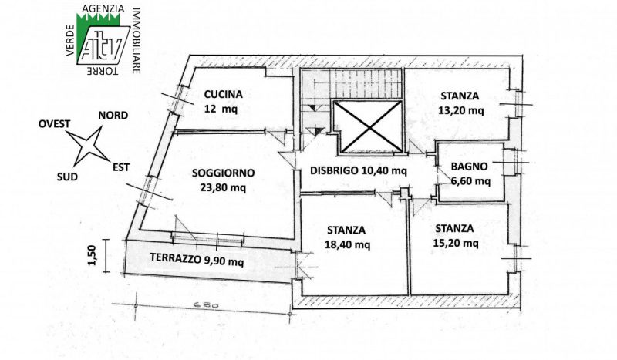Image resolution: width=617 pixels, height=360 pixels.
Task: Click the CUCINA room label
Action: (223, 94)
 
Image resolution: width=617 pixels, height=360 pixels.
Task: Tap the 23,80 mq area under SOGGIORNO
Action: (223, 187)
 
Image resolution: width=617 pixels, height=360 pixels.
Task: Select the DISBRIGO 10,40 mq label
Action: (359, 171)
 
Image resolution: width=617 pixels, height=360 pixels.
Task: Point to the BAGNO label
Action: (469, 167)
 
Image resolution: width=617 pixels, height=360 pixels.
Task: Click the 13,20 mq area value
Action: (461, 110)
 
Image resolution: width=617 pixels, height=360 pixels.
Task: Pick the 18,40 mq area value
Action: (348, 244)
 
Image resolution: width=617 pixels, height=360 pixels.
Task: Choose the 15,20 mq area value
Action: (456, 243)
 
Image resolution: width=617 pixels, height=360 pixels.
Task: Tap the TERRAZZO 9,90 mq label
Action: (197, 259)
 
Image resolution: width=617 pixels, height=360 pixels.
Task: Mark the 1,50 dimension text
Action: (92, 255)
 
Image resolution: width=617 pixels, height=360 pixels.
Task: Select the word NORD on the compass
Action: (113, 116)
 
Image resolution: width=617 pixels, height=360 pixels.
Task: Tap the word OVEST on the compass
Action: (54, 124)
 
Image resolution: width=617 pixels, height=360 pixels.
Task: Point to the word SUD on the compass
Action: (67, 177)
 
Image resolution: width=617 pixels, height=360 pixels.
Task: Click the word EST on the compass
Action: (121, 167)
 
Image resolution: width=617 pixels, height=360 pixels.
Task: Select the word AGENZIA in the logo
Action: (103, 8)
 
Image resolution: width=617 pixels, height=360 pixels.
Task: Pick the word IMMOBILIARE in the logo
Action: (137, 41)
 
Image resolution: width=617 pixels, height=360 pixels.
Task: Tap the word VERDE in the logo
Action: (71, 40)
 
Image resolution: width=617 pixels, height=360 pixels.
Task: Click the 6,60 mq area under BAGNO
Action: (470, 181)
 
